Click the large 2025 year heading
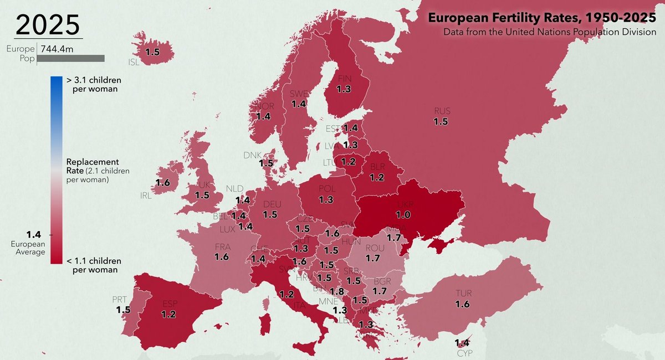(x=48, y=25)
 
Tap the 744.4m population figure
(x=58, y=49)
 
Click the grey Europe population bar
(x=71, y=58)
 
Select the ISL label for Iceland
(x=134, y=62)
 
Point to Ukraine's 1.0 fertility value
(x=404, y=214)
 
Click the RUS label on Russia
(x=442, y=111)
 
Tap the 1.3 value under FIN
(x=344, y=89)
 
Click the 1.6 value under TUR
(x=462, y=304)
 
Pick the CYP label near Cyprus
(x=465, y=353)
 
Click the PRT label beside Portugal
(x=119, y=300)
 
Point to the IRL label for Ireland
(x=145, y=195)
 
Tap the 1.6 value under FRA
(x=221, y=257)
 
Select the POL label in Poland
(x=327, y=189)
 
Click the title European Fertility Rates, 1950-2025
(x=541, y=18)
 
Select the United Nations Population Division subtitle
(x=549, y=32)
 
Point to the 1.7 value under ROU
(x=372, y=259)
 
